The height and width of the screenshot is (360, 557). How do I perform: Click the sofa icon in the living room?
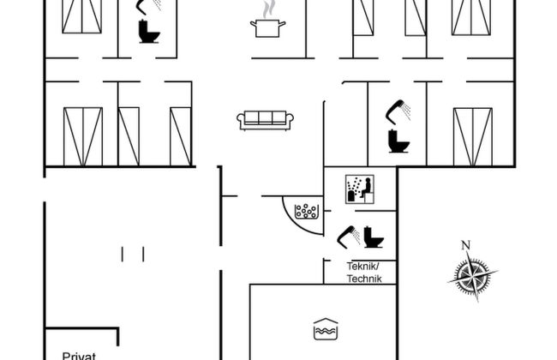(265, 121)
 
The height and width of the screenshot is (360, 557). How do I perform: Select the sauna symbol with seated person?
(360, 189)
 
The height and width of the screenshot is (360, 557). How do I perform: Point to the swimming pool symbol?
(326, 329)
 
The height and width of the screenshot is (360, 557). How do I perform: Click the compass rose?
(472, 276)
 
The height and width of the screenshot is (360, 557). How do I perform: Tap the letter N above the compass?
(465, 245)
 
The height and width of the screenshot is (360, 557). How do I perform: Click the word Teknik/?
(363, 267)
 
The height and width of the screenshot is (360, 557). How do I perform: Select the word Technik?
(364, 279)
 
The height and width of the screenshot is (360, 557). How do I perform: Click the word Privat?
(79, 356)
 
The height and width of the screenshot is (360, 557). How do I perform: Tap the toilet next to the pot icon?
(149, 32)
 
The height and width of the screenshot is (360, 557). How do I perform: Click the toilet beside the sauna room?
(373, 237)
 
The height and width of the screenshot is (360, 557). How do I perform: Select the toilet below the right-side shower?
(398, 141)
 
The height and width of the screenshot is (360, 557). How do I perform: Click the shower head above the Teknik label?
(348, 237)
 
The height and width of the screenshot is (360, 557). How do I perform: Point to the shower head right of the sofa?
(398, 111)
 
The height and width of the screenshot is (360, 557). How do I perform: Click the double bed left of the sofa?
(83, 137)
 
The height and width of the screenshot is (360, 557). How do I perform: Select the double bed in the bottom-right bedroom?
(473, 137)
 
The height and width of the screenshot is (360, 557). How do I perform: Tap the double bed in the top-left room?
(82, 16)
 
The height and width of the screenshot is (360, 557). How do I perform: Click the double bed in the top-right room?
(471, 17)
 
